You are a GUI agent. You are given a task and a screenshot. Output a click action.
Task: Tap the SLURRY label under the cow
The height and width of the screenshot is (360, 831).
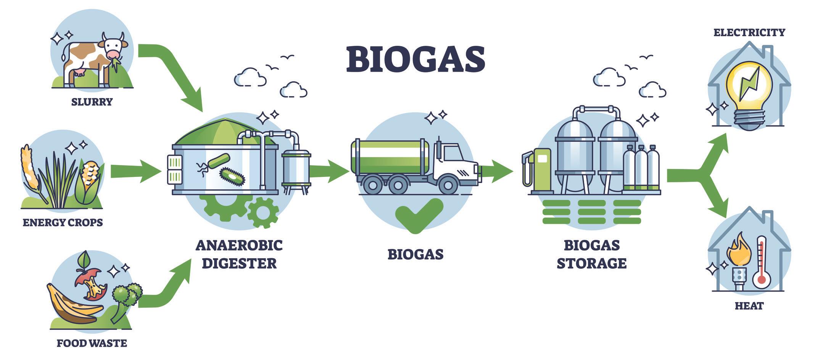click(92, 102)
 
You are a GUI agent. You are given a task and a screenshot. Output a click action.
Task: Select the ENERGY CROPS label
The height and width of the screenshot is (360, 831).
click(63, 222)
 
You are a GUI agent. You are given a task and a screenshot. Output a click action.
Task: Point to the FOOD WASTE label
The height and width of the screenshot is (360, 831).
click(92, 343)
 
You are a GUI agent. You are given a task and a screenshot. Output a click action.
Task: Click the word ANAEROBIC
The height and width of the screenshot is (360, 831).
click(239, 245)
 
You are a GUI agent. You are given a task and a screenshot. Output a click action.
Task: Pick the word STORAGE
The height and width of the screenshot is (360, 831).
click(591, 264)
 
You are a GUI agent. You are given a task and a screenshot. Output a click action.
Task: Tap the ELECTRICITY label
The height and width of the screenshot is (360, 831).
click(749, 32)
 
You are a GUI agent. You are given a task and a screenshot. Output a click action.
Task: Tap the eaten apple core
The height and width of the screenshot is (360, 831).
click(91, 284)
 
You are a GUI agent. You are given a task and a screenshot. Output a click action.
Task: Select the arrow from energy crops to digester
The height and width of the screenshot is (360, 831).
click(135, 171)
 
